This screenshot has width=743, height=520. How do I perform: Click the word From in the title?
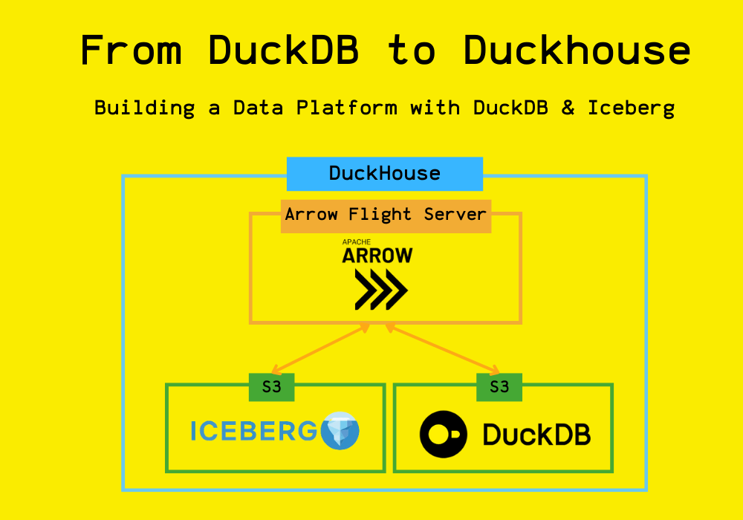132,50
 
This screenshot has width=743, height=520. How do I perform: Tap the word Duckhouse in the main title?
577,50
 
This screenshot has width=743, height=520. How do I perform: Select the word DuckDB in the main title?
283,50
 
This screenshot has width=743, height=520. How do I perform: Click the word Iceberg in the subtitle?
631,108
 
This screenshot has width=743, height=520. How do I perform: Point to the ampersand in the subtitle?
568,108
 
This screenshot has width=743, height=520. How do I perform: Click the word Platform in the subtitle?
347,108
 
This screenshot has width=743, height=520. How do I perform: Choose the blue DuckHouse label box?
385,174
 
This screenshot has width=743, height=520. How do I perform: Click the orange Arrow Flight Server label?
386,216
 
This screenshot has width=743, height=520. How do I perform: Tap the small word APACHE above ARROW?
357,242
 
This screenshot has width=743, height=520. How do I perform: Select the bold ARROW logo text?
377,256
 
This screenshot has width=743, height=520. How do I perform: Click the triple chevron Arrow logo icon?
381,290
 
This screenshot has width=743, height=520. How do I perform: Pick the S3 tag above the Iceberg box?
271,387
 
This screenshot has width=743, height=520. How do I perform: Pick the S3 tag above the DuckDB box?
499,387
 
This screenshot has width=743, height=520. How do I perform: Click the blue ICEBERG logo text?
253,431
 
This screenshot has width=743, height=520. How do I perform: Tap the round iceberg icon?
340,431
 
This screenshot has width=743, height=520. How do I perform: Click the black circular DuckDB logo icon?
444,435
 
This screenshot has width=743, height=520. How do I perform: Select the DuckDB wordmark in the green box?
536,435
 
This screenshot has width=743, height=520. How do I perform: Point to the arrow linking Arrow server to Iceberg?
320,349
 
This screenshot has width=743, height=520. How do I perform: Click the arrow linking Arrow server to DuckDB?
443,349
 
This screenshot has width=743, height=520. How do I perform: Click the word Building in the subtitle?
145,108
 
